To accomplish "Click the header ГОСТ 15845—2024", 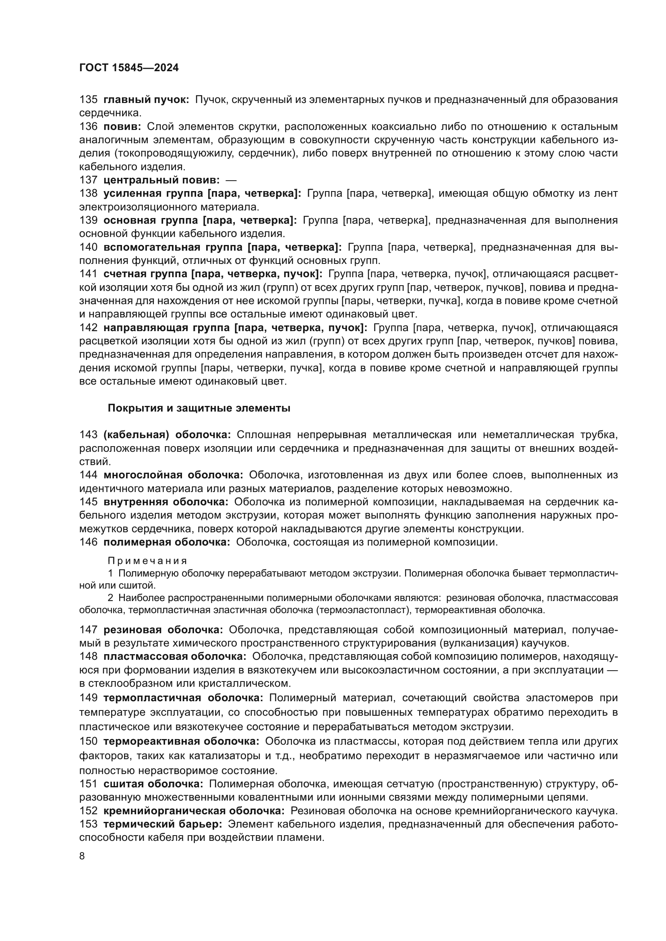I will pyautogui.click(x=129, y=68).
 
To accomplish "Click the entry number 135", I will pyautogui.click(x=88, y=100).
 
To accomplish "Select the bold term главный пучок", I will pyautogui.click(x=146, y=100).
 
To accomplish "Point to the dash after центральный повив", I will pyautogui.click(x=231, y=180).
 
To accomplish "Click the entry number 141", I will pyautogui.click(x=88, y=274).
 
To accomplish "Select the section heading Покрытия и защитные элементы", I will pyautogui.click(x=199, y=409).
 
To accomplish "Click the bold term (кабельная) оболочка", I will pyautogui.click(x=168, y=435).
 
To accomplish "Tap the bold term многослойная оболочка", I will pyautogui.click(x=173, y=475).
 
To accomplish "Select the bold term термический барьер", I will pyautogui.click(x=163, y=824).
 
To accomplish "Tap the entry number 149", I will pyautogui.click(x=88, y=698).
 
